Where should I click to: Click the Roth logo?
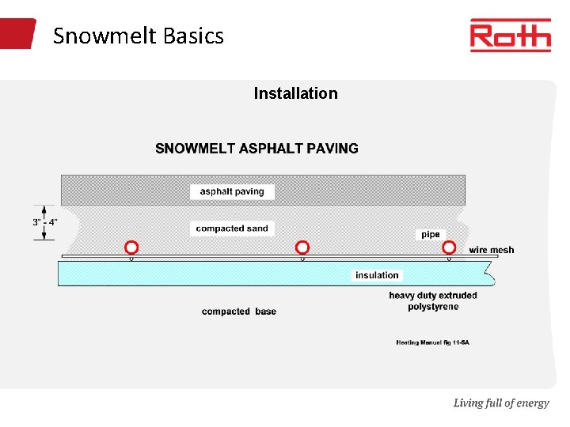pos(510,36)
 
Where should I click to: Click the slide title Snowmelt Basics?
pos(139,36)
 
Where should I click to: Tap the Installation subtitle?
pos(295,93)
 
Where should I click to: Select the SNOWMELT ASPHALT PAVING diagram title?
pos(256,148)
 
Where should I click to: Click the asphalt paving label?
pos(232,191)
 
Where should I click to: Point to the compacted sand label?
pos(232,229)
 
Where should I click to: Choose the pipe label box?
pos(430,235)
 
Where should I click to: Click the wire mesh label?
pos(491,250)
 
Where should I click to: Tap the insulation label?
pos(377,275)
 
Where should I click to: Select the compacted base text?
pos(239,312)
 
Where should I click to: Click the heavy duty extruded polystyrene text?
pos(432,301)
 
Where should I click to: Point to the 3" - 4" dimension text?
pos(45,222)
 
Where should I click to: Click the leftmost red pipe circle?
pos(131,247)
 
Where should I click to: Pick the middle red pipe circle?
pos(302,247)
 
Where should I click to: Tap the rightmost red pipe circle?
pos(449,247)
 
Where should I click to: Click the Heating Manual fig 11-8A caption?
pos(432,342)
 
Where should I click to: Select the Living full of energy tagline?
pos(500,403)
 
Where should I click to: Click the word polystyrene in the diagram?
pos(432,307)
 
